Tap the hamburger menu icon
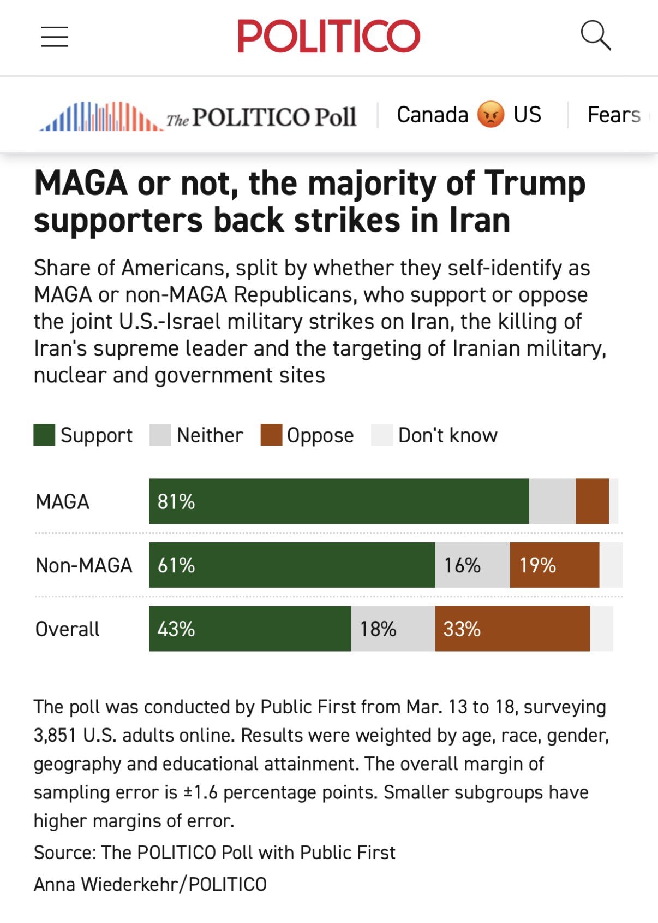tap(55, 37)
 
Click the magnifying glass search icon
tap(595, 36)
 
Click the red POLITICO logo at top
tap(328, 36)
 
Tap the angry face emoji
tap(490, 115)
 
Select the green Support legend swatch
tap(44, 435)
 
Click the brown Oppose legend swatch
tap(271, 435)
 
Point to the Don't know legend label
tap(447, 435)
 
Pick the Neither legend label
tap(210, 435)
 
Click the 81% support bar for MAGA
tap(338, 501)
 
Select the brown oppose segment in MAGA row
tap(592, 501)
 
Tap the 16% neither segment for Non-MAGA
tap(472, 565)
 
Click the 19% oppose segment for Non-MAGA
tap(554, 565)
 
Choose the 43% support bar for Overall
tap(249, 629)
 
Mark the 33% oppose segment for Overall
tap(512, 629)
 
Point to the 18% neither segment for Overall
tap(393, 629)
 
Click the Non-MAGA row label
tap(84, 565)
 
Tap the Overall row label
tap(68, 629)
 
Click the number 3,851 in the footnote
tap(55, 735)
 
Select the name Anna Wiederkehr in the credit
tap(107, 884)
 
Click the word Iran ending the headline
tap(480, 220)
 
